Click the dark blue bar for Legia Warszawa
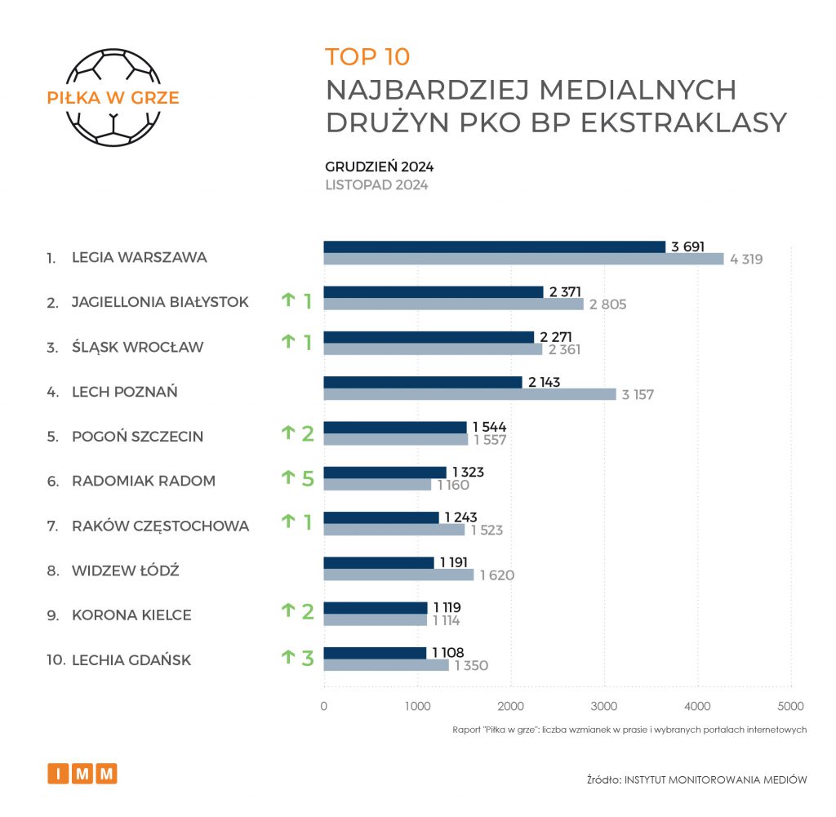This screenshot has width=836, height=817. coord(495,246)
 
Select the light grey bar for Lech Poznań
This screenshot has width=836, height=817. coord(469,394)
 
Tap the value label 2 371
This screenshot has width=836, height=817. coord(566,291)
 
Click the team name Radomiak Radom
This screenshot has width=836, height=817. coord(144,481)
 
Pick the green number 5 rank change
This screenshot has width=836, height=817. coord(308,478)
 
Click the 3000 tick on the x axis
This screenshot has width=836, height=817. coord(604,706)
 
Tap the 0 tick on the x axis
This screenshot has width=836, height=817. coord(324,706)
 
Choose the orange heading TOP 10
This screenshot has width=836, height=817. coord(367,57)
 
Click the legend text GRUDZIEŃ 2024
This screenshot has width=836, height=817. coord(379,167)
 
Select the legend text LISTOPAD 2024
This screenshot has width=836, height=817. coord(376,185)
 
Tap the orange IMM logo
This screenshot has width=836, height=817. coord(82,773)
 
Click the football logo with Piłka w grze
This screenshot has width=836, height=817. coord(113,98)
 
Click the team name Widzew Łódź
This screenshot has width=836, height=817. coord(126,571)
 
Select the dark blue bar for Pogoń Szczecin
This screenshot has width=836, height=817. coord(395,427)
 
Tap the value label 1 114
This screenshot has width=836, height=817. coord(447,621)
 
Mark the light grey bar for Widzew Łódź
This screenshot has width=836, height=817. coord(398,575)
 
